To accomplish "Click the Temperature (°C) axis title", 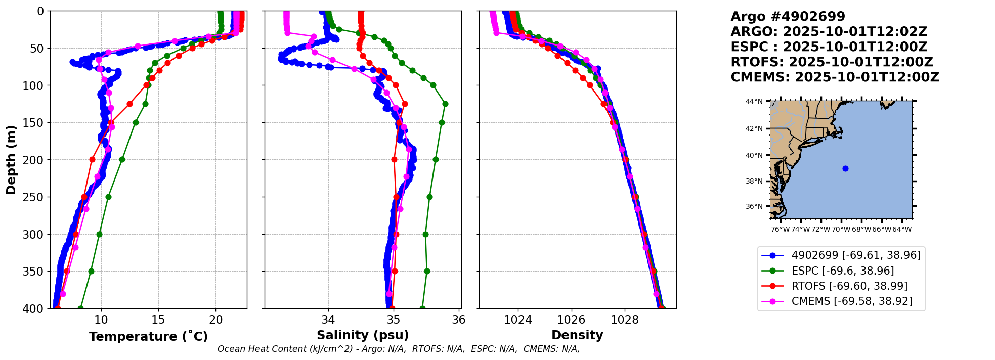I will coord(148,336).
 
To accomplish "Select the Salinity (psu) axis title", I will coord(363,335).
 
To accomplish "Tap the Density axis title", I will coord(577,335).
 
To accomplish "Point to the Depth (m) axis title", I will coord(11,159).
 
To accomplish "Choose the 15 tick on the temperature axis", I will coord(158,320).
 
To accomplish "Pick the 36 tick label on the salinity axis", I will coord(458,320).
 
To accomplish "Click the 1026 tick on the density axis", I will coord(571,320).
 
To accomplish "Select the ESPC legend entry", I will coord(842,271).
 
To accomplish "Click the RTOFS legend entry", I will coord(849,286).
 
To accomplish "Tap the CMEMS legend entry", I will coord(852,301).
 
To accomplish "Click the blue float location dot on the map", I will coord(845,168).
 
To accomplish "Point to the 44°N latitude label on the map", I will coord(754,102).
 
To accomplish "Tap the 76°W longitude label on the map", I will coord(780,229).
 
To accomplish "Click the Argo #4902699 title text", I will coord(788,17).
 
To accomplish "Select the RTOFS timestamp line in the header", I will coord(832,62).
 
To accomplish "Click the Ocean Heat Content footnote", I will coord(399,349).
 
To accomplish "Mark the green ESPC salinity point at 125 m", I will coord(445,104).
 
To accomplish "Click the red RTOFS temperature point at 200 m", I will coord(92,159).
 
